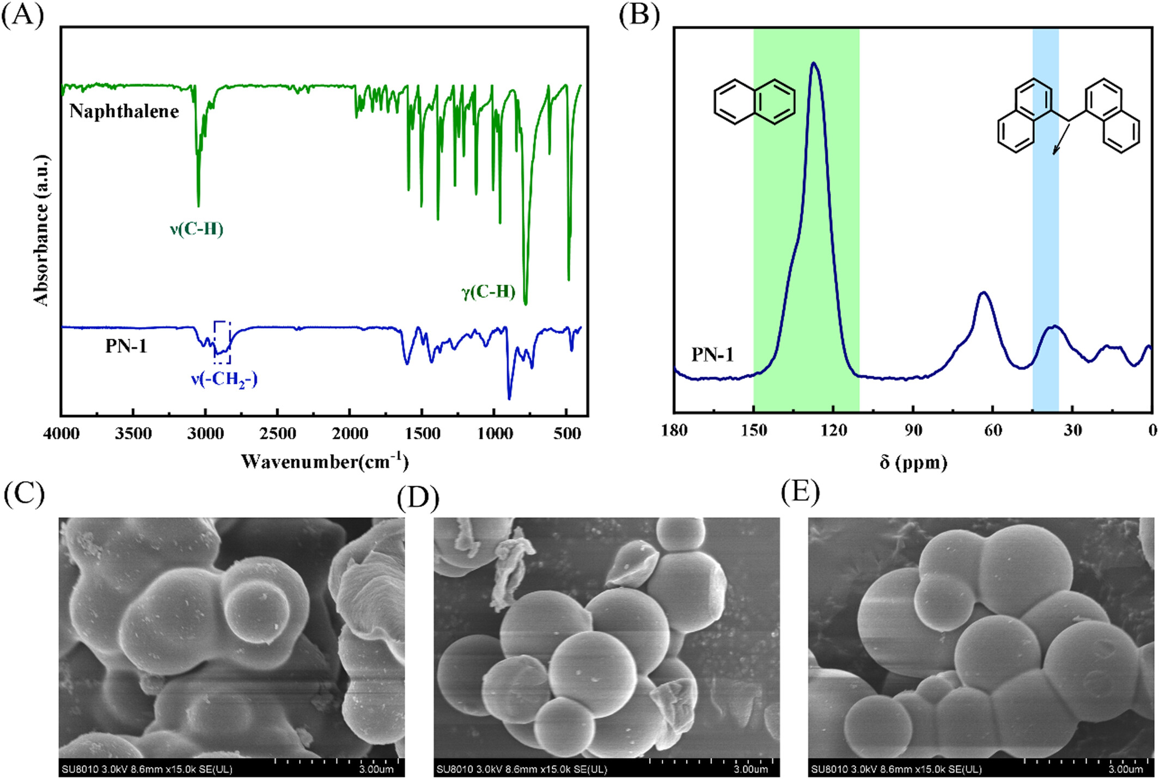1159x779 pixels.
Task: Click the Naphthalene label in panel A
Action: tap(124, 112)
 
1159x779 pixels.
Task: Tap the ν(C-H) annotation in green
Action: tap(197, 229)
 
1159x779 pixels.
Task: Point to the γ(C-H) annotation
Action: tap(489, 292)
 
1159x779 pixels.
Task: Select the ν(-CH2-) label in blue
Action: tap(224, 379)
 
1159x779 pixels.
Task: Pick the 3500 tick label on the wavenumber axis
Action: tap(133, 434)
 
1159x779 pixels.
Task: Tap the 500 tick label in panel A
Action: tap(567, 434)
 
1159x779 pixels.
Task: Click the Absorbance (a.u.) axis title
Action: tap(41, 230)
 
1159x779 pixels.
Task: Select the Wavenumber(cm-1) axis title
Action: tap(325, 462)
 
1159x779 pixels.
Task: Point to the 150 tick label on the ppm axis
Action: tap(754, 431)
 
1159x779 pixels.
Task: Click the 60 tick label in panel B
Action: tap(993, 431)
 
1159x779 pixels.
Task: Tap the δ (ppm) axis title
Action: tap(913, 462)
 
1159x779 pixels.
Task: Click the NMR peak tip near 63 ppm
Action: tap(984, 292)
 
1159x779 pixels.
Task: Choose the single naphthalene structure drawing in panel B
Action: tap(754, 101)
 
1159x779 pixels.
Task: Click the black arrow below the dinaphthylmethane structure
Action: tap(1060, 139)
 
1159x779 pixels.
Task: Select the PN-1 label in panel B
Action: tap(712, 355)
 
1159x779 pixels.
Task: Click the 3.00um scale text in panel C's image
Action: tap(376, 769)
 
